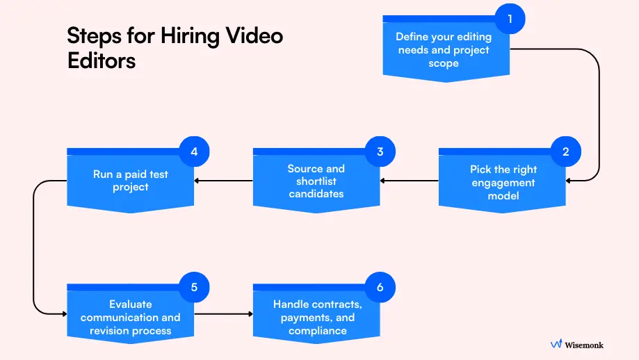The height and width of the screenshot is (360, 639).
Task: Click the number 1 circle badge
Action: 510,19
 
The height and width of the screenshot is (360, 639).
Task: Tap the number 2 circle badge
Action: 565,152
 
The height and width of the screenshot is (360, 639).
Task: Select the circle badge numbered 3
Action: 380,152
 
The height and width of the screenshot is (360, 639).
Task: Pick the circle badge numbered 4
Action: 194,152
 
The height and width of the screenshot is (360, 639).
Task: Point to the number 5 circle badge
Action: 194,287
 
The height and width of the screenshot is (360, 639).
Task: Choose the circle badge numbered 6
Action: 380,287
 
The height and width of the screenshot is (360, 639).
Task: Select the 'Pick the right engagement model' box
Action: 502,182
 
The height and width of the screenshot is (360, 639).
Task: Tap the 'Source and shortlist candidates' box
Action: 316,181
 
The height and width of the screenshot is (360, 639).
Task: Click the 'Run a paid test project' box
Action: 130,180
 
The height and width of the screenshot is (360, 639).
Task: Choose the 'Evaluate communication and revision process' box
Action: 130,317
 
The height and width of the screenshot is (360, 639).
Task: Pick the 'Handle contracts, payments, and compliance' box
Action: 316,317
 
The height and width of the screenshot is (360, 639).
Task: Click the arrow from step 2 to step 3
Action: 410,181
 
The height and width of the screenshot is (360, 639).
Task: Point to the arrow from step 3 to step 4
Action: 223,181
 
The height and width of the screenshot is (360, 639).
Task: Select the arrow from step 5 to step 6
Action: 223,314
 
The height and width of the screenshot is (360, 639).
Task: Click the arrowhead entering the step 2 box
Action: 569,181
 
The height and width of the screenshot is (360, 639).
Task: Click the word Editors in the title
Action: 102,60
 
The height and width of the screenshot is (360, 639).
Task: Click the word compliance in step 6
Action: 317,330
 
